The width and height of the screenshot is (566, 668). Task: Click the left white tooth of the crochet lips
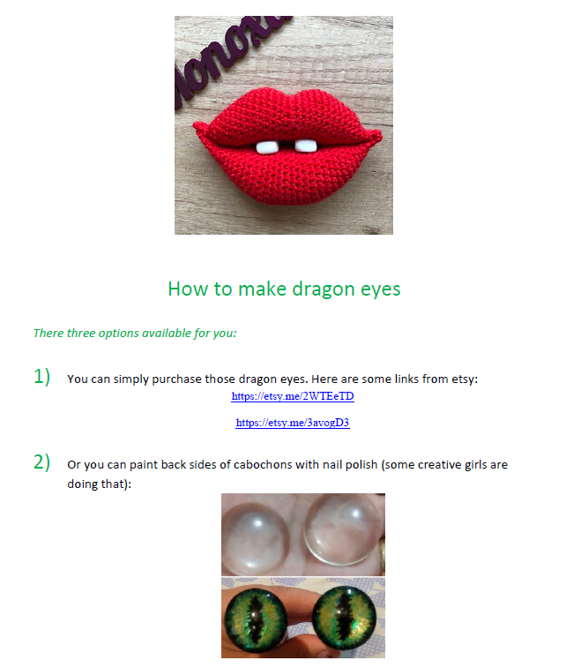[267, 147]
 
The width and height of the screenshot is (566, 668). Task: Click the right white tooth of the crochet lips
[306, 146]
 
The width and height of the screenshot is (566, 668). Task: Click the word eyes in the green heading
[381, 290]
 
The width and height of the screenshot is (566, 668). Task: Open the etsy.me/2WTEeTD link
[293, 396]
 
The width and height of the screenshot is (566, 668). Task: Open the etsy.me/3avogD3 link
[293, 423]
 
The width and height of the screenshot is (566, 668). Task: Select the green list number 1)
[41, 377]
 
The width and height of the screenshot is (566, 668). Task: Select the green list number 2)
[41, 462]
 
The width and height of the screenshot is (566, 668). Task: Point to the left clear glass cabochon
[256, 538]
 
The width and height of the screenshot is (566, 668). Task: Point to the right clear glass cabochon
[342, 529]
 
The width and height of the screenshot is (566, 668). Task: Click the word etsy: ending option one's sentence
[465, 379]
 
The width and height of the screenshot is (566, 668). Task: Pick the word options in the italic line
[119, 334]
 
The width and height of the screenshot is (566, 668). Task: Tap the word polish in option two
[361, 465]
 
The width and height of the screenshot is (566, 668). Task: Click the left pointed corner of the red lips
[195, 124]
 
